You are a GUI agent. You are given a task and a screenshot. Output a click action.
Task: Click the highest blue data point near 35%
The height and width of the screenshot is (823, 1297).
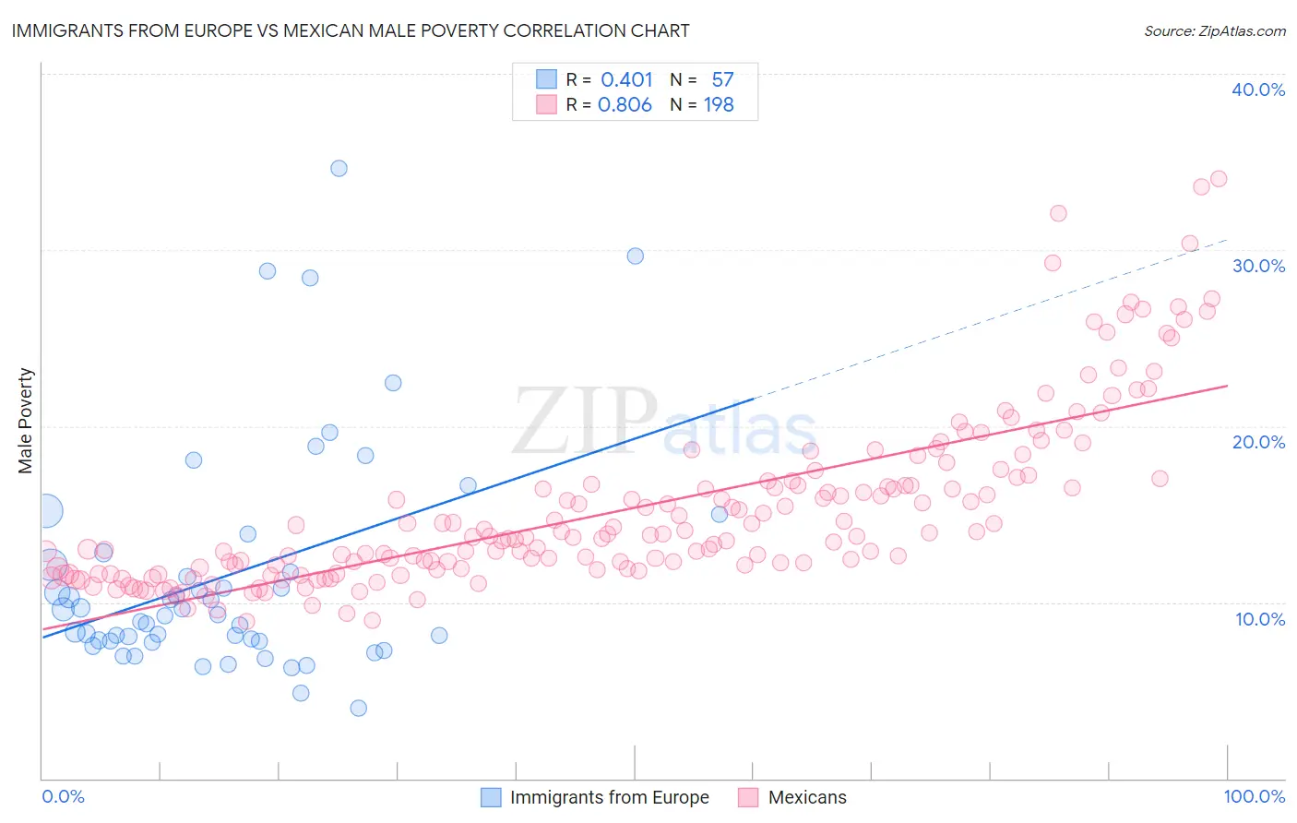tap(339, 168)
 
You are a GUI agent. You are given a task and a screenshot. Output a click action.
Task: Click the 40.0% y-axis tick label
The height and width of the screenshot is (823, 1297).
tap(1257, 89)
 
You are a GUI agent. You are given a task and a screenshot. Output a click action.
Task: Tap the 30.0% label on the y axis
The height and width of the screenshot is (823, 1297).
tap(1257, 266)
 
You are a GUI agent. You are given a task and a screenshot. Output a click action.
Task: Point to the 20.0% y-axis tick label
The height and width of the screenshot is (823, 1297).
tap(1257, 442)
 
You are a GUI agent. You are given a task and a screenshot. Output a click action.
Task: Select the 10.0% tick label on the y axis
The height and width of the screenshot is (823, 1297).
tap(1259, 619)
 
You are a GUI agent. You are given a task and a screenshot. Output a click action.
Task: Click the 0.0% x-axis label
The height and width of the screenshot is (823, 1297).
tap(63, 796)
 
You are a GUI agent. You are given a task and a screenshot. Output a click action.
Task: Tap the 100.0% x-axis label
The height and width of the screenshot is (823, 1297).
tap(1254, 796)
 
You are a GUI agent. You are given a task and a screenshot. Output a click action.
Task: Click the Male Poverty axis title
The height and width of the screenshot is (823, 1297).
tap(26, 421)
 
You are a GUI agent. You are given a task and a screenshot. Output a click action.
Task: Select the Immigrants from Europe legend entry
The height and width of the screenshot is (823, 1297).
tap(595, 797)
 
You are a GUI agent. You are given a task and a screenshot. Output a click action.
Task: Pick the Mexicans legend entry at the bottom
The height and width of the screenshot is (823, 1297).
tap(792, 797)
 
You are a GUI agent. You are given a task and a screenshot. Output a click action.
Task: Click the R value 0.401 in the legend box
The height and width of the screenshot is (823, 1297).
tap(626, 80)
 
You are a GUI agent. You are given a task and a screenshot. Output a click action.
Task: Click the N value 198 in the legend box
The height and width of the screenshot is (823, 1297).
tap(719, 105)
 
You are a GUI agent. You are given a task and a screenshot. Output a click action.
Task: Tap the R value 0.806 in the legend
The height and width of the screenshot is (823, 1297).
tap(625, 105)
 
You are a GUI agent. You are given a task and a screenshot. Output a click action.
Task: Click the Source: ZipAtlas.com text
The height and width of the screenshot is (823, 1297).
tap(1214, 30)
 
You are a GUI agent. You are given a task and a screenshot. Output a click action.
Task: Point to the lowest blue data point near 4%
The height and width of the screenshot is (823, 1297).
tap(359, 708)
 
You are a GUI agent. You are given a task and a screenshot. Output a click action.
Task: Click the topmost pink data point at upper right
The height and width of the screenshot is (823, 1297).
tap(1218, 178)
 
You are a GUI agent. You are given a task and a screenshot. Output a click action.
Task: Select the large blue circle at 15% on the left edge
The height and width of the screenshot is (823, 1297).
tap(47, 510)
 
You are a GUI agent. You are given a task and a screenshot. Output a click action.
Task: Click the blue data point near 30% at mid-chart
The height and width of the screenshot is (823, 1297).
tap(636, 256)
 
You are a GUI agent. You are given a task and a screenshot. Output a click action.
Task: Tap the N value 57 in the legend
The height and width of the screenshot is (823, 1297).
tap(722, 80)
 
